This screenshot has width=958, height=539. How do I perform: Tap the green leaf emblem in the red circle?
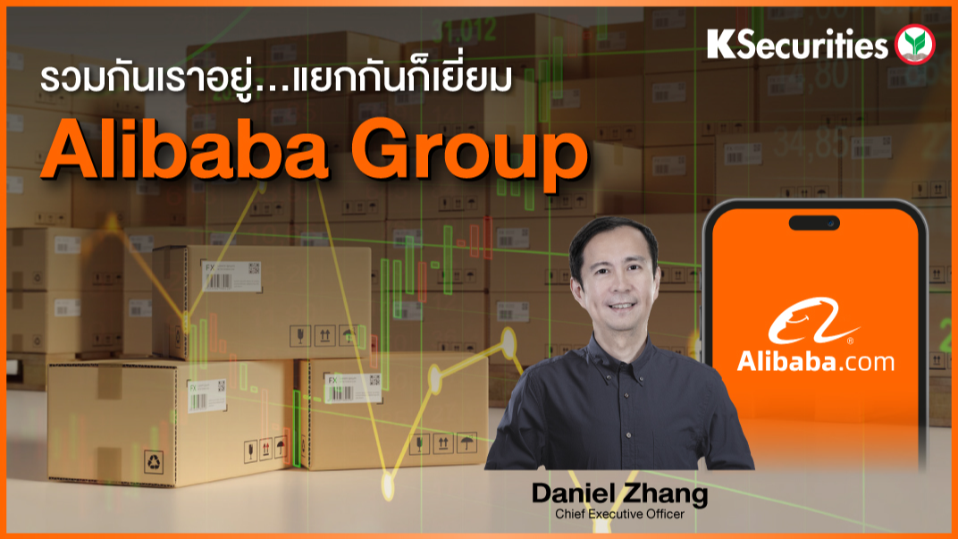(914, 44)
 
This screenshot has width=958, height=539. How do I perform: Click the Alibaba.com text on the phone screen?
(815, 361)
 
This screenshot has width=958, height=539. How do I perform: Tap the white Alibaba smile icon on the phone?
(810, 323)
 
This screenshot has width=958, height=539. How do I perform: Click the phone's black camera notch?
(814, 223)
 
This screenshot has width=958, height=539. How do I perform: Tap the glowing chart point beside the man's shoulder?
(509, 341)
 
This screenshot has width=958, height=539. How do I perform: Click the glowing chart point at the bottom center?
(388, 484)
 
